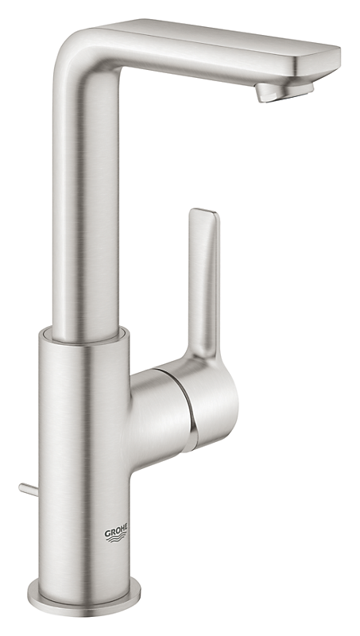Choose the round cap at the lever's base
click(x=213, y=390)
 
